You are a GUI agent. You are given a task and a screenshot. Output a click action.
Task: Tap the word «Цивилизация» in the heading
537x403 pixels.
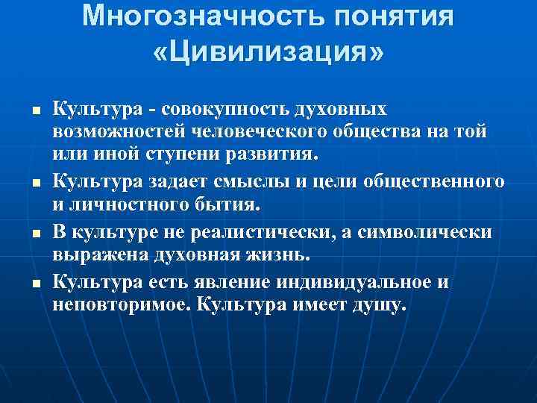tap(268, 54)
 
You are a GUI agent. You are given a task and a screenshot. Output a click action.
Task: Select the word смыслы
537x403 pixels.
tap(256, 182)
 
